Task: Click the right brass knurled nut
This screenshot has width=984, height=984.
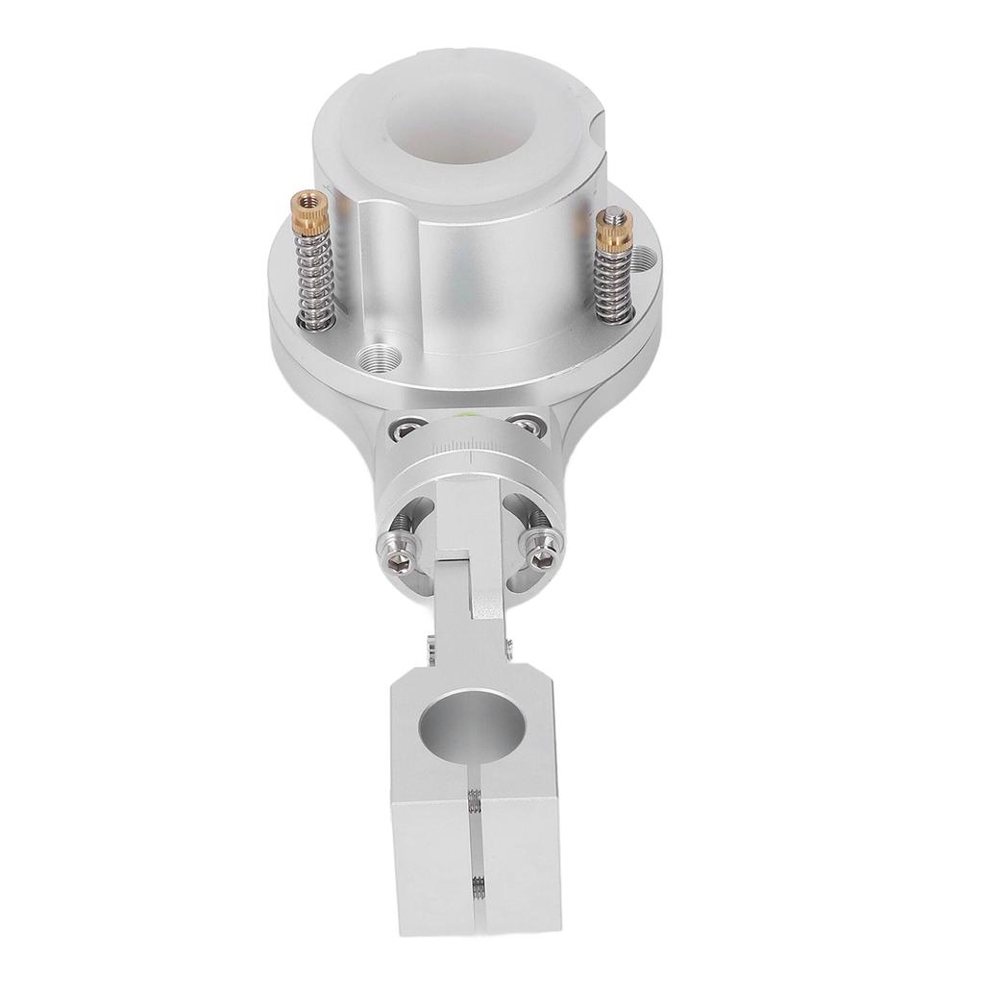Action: pos(607,228)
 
